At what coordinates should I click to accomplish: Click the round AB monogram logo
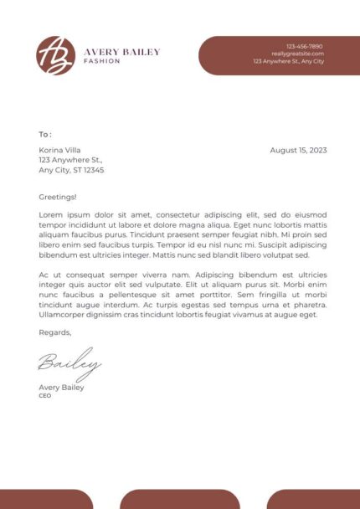click(x=55, y=55)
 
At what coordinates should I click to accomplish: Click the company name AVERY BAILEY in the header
click(x=121, y=52)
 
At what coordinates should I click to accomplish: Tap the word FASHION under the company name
click(x=102, y=61)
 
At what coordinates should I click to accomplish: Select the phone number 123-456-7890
click(x=304, y=46)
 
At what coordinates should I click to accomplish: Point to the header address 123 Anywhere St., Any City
click(x=288, y=61)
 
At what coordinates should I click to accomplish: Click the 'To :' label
click(x=45, y=134)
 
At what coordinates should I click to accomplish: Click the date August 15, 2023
click(x=298, y=150)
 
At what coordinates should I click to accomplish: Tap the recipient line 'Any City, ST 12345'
click(x=71, y=170)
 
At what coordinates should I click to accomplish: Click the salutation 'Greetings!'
click(x=58, y=197)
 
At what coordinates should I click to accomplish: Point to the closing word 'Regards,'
click(x=55, y=332)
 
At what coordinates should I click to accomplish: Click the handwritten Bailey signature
click(x=69, y=364)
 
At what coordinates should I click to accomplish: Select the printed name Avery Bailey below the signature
click(x=61, y=388)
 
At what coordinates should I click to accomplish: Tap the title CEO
click(x=45, y=395)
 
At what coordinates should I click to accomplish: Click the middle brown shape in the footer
click(x=180, y=499)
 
